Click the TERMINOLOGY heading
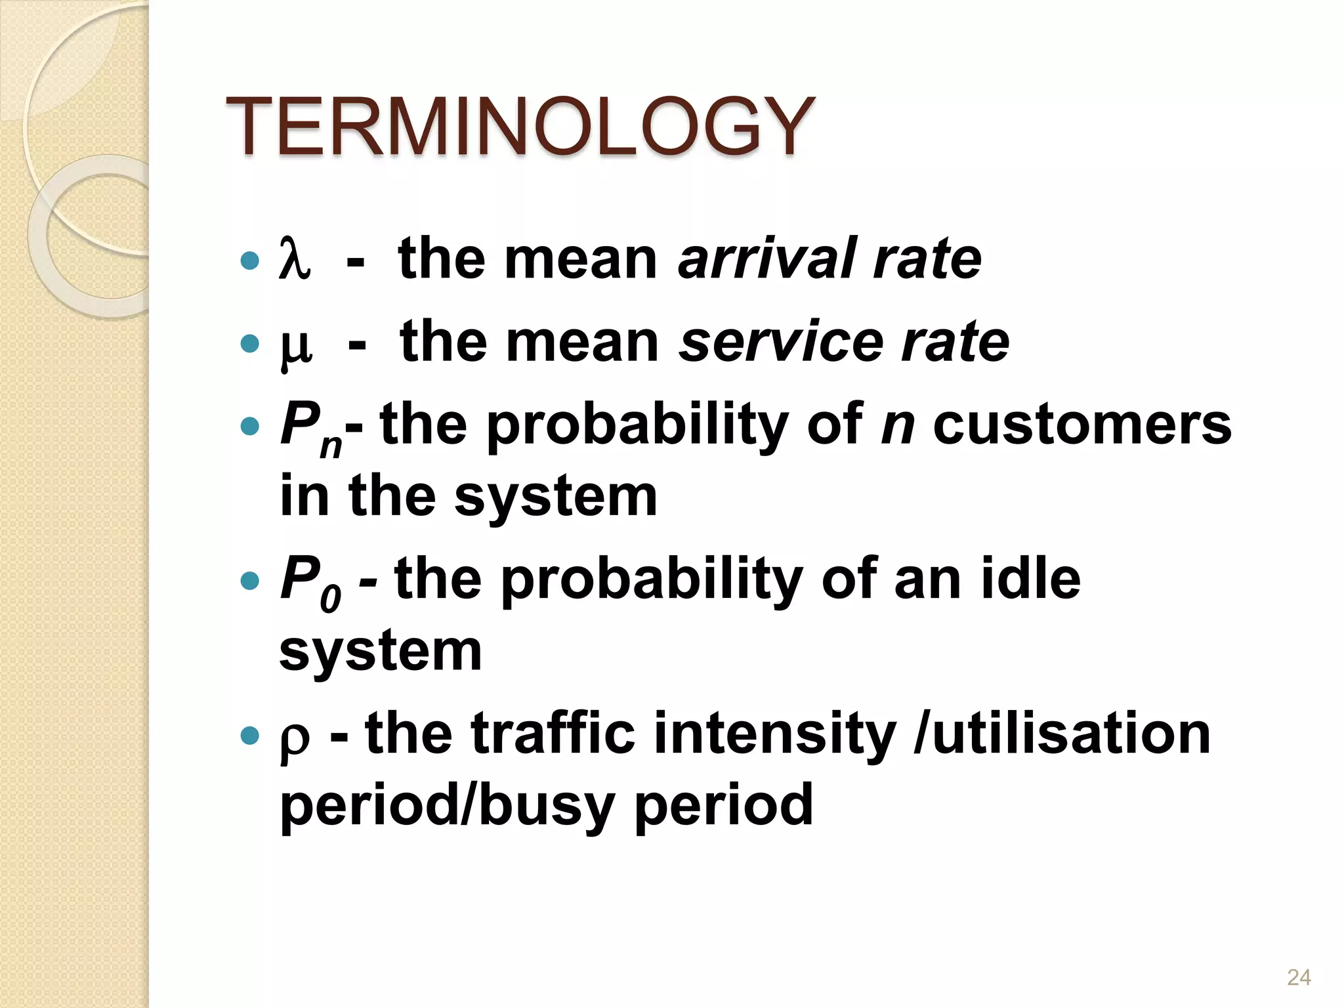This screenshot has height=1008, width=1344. [x=520, y=126]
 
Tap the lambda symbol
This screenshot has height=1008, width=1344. [x=293, y=259]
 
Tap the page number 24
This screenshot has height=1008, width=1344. [x=1299, y=977]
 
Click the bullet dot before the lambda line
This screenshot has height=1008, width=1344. [x=250, y=261]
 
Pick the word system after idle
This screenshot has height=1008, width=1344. [x=381, y=651]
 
